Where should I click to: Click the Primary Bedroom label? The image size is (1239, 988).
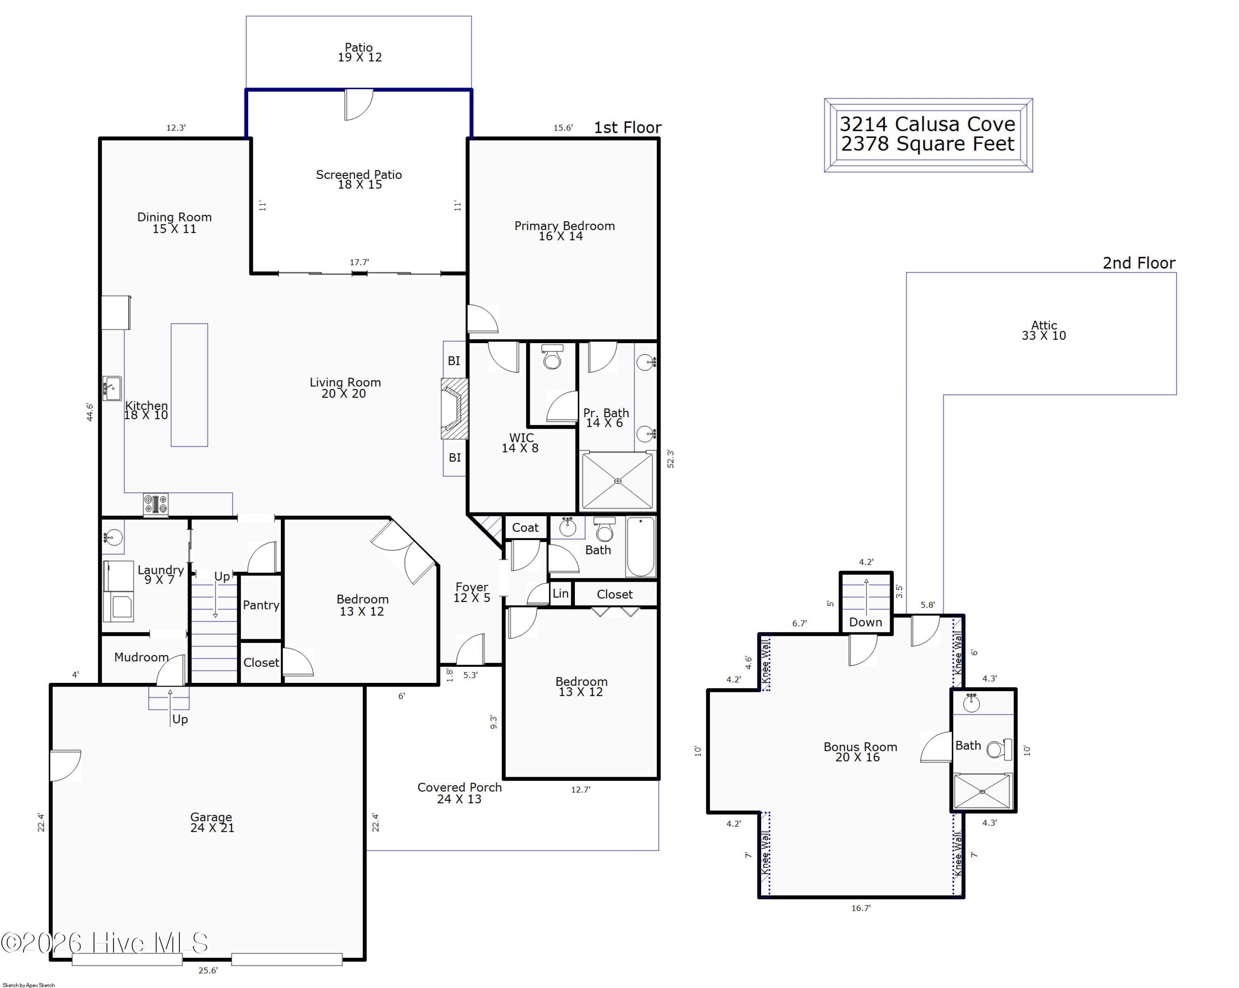point(564,230)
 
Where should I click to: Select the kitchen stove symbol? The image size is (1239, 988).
point(156,505)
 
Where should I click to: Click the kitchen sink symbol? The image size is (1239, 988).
point(112,389)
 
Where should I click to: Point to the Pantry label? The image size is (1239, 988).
point(261,605)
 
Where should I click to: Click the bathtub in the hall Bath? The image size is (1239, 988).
point(640,547)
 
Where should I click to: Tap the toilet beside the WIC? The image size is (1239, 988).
point(552,357)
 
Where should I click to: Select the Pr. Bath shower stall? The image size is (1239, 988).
point(617,481)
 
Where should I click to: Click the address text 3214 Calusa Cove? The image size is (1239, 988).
point(928,124)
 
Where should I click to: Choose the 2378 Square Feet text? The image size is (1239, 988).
point(928,144)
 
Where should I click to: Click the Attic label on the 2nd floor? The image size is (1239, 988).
point(1044,330)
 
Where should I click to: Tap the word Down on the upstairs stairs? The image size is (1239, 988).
point(866,622)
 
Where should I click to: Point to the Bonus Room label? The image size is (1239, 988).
point(860,752)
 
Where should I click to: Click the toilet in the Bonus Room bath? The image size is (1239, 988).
point(999,749)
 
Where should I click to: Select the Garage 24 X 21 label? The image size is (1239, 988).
point(212,822)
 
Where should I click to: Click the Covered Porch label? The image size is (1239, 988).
point(459,793)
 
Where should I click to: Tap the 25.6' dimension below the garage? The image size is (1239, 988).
point(208,970)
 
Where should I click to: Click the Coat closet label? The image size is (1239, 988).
point(525,527)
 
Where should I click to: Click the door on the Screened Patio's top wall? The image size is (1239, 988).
point(358,104)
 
